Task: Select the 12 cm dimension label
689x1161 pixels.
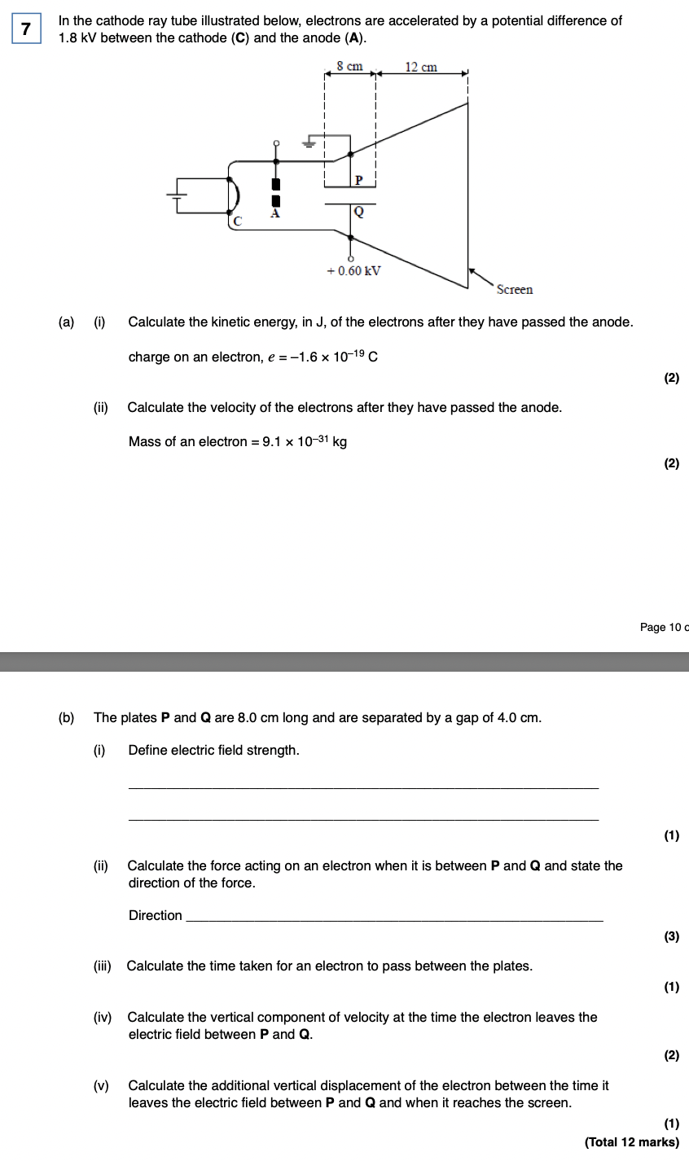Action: pyautogui.click(x=421, y=67)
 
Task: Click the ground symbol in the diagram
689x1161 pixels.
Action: pyautogui.click(x=309, y=143)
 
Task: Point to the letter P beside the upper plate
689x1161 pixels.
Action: pyautogui.click(x=358, y=179)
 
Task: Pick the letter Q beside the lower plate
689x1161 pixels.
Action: pyautogui.click(x=358, y=212)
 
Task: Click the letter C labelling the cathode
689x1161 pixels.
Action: pyautogui.click(x=238, y=220)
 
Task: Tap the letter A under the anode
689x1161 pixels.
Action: pyautogui.click(x=274, y=214)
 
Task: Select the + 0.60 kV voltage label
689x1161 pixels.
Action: pyautogui.click(x=353, y=271)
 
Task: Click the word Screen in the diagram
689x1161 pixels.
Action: pyautogui.click(x=514, y=290)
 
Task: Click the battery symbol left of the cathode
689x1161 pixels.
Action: pyautogui.click(x=178, y=195)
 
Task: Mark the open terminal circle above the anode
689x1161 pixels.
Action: pyautogui.click(x=276, y=143)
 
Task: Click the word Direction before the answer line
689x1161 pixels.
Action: pyautogui.click(x=156, y=915)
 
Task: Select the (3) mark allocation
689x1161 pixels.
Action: pyautogui.click(x=671, y=936)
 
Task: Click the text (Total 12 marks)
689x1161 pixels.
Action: pyautogui.click(x=632, y=1142)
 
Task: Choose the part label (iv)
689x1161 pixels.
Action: pyautogui.click(x=103, y=1017)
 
